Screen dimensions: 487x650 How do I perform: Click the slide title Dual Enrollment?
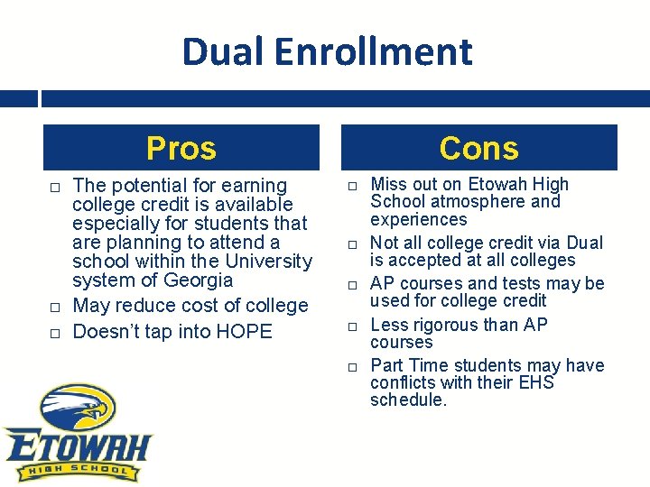pos(326,51)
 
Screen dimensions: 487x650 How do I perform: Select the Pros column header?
pos(181,148)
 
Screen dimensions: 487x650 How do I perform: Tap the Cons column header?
pos(478,148)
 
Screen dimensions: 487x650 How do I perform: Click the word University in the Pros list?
pos(268,262)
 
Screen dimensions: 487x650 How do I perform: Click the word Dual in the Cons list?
pos(584,243)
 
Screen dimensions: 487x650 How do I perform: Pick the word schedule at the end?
pos(407,400)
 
